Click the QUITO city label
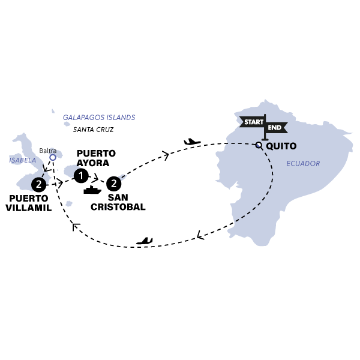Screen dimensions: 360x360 pyautogui.click(x=281, y=146)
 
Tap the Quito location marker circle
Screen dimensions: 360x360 pyautogui.click(x=259, y=145)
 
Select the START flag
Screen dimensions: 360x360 pyautogui.click(x=253, y=122)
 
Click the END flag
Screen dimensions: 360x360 pyautogui.click(x=276, y=127)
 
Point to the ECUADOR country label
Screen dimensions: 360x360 pyautogui.click(x=303, y=163)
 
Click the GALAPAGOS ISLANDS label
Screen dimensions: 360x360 pyautogui.click(x=99, y=118)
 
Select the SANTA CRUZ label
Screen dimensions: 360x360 pyautogui.click(x=93, y=130)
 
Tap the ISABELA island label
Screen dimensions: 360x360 pyautogui.click(x=23, y=160)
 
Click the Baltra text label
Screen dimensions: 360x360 pyautogui.click(x=48, y=151)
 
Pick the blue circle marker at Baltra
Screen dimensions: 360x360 pyautogui.click(x=53, y=157)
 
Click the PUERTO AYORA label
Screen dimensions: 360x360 pyautogui.click(x=96, y=158)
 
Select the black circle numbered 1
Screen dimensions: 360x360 pyautogui.click(x=81, y=176)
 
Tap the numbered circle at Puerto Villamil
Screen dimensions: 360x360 pyautogui.click(x=38, y=184)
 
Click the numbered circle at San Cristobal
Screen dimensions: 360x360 pyautogui.click(x=113, y=184)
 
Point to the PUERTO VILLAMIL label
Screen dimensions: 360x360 pyautogui.click(x=28, y=203)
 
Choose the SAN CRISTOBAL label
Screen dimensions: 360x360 pyautogui.click(x=118, y=202)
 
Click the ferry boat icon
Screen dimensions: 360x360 pyautogui.click(x=92, y=190)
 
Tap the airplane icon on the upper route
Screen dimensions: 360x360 pyautogui.click(x=192, y=142)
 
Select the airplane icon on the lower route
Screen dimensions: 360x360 pyautogui.click(x=145, y=241)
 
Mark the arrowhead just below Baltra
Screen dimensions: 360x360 pyautogui.click(x=47, y=169)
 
